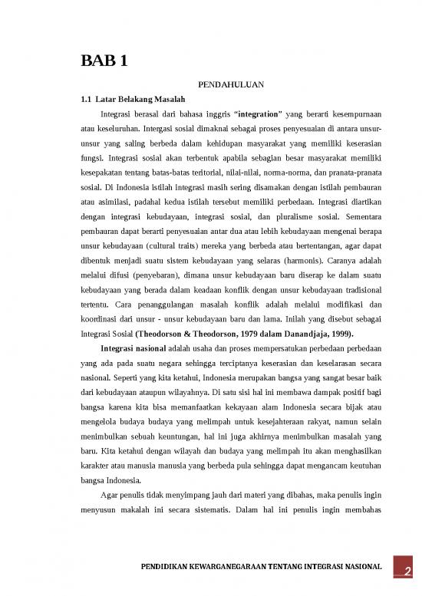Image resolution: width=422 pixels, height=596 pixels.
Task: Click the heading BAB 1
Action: point(104,62)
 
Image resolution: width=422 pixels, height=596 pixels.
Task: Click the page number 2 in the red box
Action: point(408,570)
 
